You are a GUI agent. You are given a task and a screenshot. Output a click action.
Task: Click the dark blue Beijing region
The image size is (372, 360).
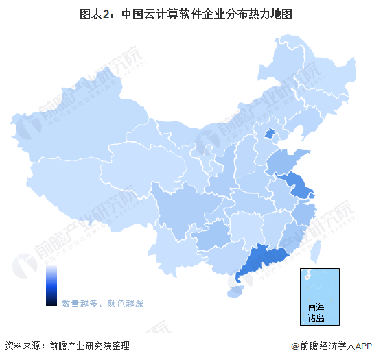[x=270, y=134]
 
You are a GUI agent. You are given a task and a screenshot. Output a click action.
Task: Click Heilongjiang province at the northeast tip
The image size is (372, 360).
[x=309, y=72]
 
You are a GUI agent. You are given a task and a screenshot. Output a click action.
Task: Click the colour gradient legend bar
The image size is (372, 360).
[x=51, y=285]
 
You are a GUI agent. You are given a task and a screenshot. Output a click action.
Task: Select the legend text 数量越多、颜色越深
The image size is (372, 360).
[x=102, y=302]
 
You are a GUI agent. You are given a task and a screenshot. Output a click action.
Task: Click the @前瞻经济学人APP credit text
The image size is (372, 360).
[x=329, y=346]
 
